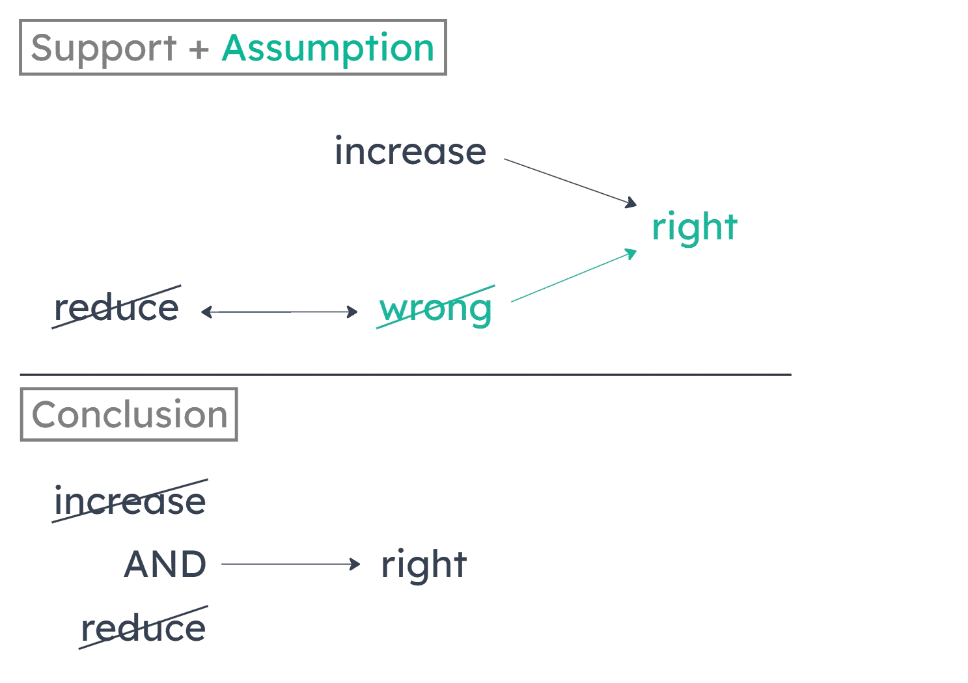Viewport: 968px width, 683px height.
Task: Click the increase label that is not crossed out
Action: coord(410,152)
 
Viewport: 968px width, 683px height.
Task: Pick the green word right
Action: coord(695,228)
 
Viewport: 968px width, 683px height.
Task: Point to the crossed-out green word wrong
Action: coord(436,308)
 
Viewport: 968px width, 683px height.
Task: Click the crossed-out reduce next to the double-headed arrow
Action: coord(117,308)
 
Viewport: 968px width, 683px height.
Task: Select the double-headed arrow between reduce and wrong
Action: coord(280,312)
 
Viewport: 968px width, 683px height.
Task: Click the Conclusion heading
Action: coord(129,414)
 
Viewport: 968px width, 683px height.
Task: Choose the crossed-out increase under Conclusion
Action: coord(130,502)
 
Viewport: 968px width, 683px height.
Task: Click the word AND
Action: coord(165,565)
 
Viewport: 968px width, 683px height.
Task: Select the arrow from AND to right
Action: coord(290,564)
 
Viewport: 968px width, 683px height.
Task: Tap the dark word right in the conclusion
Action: coord(424,565)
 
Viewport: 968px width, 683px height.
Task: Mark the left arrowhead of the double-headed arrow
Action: coord(206,312)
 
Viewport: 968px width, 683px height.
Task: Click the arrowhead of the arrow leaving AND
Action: coord(355,564)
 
